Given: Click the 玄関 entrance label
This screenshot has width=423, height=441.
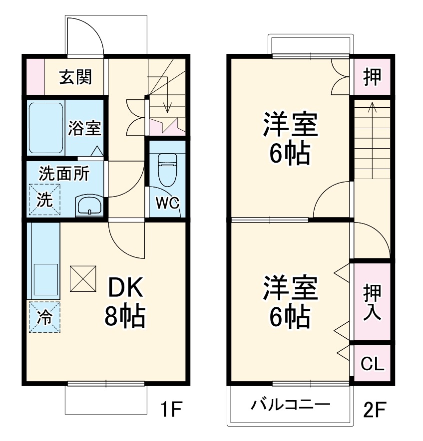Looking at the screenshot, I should pyautogui.click(x=75, y=77).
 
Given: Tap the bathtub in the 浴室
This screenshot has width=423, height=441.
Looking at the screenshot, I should pyautogui.click(x=45, y=128).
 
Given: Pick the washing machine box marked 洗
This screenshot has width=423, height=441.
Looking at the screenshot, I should pyautogui.click(x=44, y=200).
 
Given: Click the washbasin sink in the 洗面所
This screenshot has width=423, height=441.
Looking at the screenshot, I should pyautogui.click(x=89, y=206).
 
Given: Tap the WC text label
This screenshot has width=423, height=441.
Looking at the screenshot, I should pyautogui.click(x=167, y=203).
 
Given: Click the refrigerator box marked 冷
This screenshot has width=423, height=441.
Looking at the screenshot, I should pyautogui.click(x=44, y=318).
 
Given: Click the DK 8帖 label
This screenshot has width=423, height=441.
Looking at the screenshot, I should pyautogui.click(x=125, y=301).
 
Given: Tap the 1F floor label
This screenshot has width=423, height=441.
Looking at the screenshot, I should pyautogui.click(x=170, y=411).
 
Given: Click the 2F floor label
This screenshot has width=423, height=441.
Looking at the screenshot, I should pyautogui.click(x=375, y=411).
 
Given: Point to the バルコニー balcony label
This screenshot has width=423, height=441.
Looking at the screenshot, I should pyautogui.click(x=290, y=404).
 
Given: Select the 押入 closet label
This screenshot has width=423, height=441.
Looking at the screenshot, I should pyautogui.click(x=373, y=303).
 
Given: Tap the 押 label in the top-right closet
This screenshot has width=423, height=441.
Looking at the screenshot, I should pyautogui.click(x=372, y=77).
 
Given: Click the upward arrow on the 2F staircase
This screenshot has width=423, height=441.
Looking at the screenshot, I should pyautogui.click(x=372, y=107).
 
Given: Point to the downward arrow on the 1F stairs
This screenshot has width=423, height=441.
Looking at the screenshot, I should pyautogui.click(x=168, y=106).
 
